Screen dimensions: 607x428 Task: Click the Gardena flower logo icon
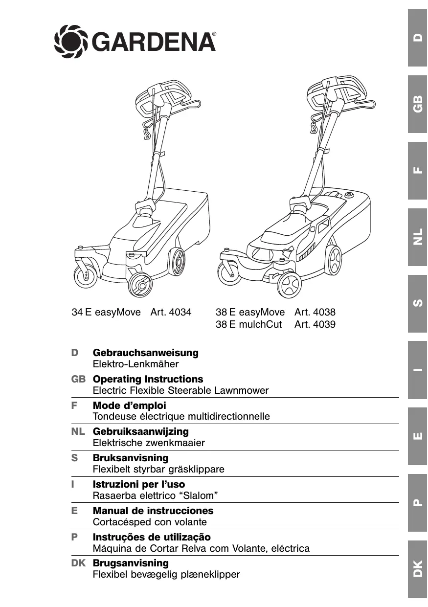[71, 42]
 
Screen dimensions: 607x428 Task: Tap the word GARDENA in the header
[153, 42]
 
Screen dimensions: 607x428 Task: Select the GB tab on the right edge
[417, 104]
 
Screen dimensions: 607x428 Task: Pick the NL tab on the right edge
[417, 237]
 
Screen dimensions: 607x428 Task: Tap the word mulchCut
[260, 324]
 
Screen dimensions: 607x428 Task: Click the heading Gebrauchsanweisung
[145, 353]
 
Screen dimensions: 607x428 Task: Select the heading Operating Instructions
[148, 379]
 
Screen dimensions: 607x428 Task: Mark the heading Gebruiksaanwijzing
[140, 431]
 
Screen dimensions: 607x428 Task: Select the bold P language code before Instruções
[74, 537]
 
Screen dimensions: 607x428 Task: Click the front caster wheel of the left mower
[86, 276]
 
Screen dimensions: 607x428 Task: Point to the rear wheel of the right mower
[333, 260]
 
